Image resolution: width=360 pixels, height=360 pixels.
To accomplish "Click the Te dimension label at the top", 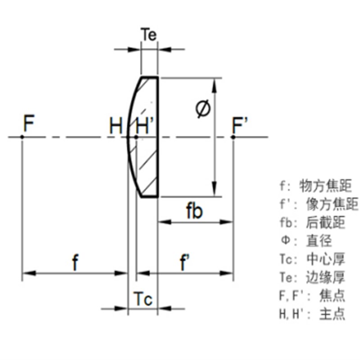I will pos(149,35).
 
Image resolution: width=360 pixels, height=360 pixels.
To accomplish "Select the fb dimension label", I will pos(194,211).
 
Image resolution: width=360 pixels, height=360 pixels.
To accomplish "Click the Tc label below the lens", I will pos(143,298).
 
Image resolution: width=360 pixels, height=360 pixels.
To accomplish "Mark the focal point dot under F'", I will pos(233,137).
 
